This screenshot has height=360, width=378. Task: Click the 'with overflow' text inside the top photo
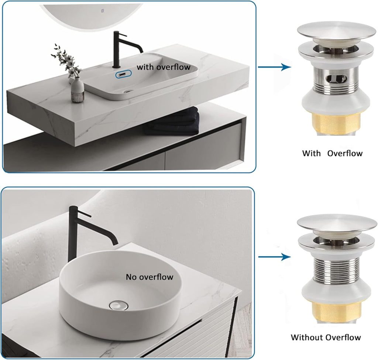[x=164, y=67]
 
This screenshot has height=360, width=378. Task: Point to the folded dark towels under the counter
[x=172, y=121]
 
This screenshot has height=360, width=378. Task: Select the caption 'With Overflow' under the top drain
[x=332, y=153]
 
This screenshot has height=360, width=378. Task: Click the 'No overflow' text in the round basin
[x=149, y=277]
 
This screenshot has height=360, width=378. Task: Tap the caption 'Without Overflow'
[x=326, y=337]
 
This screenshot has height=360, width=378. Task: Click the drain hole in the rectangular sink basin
[x=128, y=90]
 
